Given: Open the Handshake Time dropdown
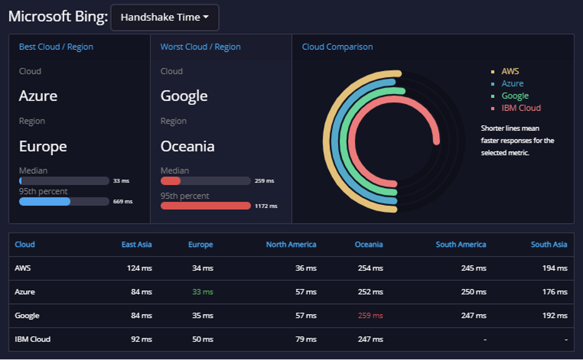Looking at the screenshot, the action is [164, 17].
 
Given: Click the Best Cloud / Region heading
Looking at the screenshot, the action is [56, 47].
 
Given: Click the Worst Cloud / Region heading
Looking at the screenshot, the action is [201, 47].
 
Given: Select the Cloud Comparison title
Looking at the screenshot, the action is [337, 47].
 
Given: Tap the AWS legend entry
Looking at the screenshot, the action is [510, 71].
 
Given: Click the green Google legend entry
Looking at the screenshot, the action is [515, 95].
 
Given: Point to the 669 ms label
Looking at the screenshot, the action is [123, 202].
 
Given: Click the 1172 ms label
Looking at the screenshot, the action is [266, 206].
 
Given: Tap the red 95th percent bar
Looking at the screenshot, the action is [206, 206].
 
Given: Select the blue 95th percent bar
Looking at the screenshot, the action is [45, 201].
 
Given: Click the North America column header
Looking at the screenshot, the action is [291, 244].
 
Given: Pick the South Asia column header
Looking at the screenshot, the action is [549, 244].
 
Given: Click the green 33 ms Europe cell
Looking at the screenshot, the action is [202, 292].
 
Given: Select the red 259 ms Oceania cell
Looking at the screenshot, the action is [371, 315].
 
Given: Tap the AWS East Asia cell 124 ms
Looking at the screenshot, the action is [140, 268].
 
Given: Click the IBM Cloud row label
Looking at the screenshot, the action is [32, 339].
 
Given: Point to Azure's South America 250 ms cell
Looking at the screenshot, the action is [473, 292].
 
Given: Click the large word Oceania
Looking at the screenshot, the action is [187, 146].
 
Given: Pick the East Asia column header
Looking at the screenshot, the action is [136, 244].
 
